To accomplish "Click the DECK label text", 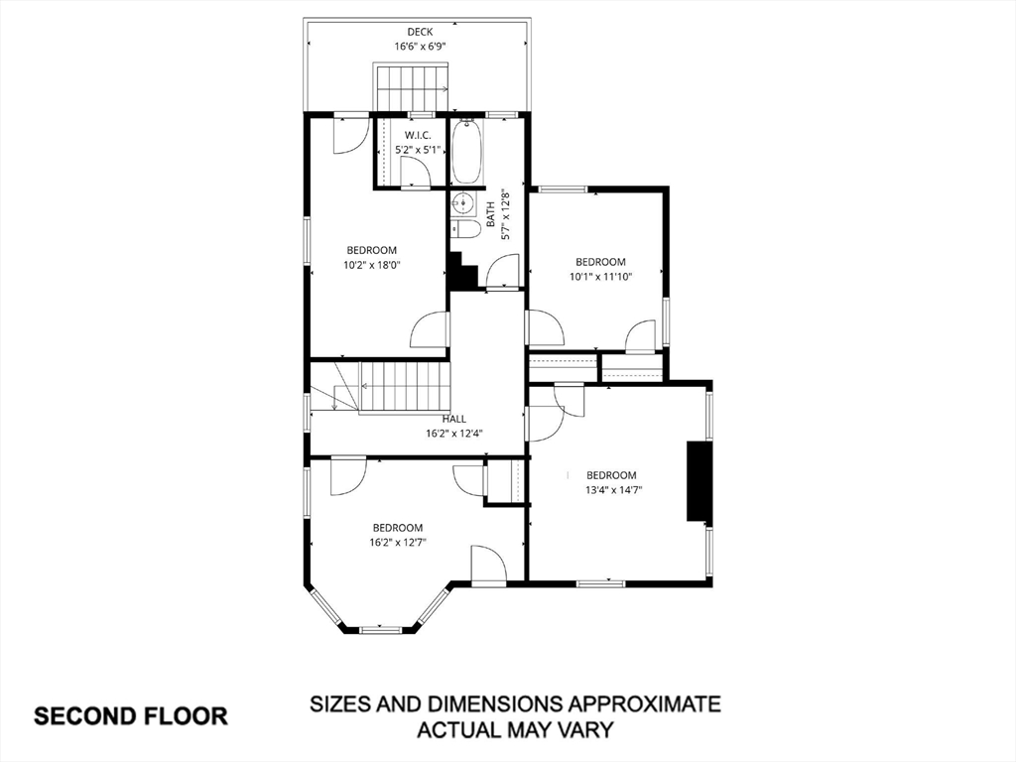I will tap(419, 32).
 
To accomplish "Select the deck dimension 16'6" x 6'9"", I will tap(419, 47).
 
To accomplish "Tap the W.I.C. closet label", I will tap(416, 135).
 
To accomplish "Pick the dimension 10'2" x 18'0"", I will tap(372, 265).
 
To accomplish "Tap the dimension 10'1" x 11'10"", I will tap(600, 277).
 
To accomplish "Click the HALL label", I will tap(454, 419).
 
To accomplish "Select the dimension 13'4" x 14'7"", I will tap(611, 489).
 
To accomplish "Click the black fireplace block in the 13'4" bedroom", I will tap(698, 481).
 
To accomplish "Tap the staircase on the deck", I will tap(411, 87).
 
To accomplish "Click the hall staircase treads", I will tap(403, 385).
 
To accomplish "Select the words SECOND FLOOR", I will tap(132, 715).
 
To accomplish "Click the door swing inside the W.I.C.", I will tap(416, 172).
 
